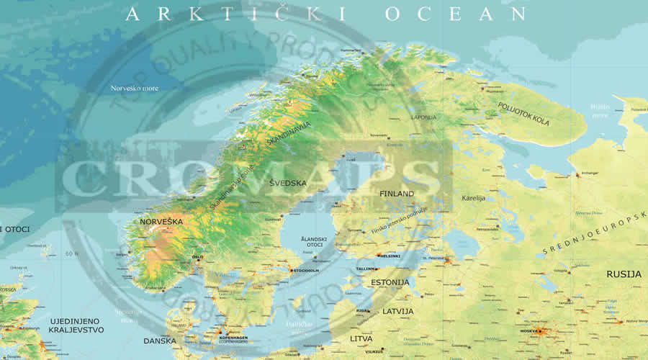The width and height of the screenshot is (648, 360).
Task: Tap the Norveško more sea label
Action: click(x=134, y=89)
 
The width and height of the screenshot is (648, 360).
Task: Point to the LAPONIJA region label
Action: click(x=423, y=117)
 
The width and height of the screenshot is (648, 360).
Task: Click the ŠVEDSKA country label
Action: click(x=287, y=184)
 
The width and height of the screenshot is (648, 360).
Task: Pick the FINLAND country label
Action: click(x=397, y=194)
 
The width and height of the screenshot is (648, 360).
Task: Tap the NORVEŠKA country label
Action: click(x=161, y=222)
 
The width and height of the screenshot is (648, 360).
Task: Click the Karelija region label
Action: click(x=473, y=198)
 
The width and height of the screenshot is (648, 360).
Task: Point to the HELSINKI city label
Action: click(x=390, y=256)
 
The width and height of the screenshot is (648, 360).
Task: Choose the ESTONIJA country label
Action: click(x=390, y=282)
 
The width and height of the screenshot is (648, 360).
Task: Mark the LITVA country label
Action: click(x=363, y=338)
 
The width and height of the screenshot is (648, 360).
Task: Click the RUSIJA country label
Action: click(x=624, y=274)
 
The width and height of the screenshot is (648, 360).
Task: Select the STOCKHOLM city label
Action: click(x=306, y=271)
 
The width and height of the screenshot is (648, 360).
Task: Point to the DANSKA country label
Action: click(x=160, y=341)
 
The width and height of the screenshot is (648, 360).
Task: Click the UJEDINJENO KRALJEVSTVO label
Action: click(x=76, y=324)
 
